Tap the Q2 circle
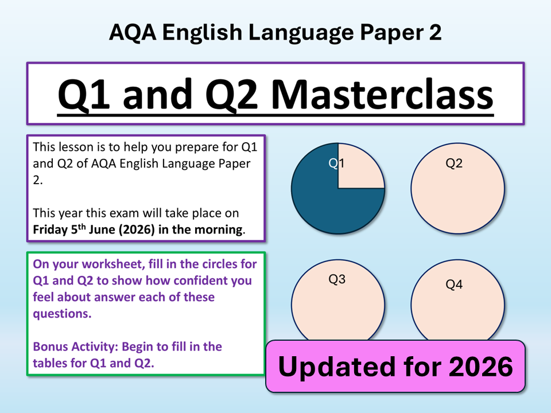click(x=457, y=188)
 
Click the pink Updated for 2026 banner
click(x=395, y=367)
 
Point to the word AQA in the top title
click(x=133, y=32)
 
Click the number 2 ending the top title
click(x=434, y=32)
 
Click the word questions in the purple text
click(x=61, y=314)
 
